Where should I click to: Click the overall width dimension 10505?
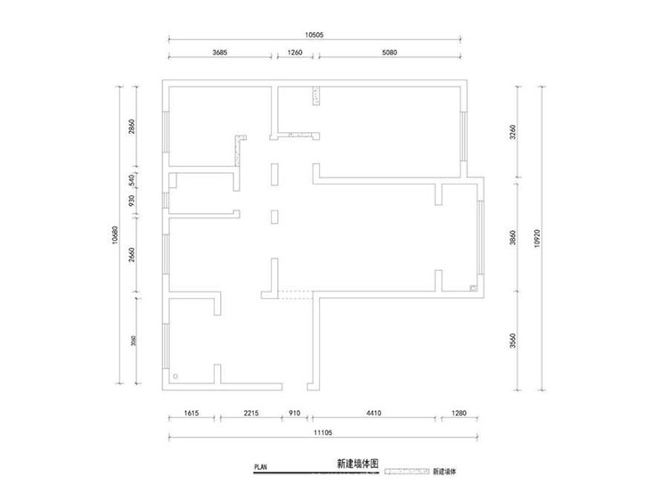(x=314, y=34)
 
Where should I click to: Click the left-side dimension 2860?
(x=132, y=126)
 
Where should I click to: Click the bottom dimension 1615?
(x=191, y=414)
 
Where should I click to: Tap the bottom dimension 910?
(x=295, y=414)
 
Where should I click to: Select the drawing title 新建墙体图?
(x=358, y=465)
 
